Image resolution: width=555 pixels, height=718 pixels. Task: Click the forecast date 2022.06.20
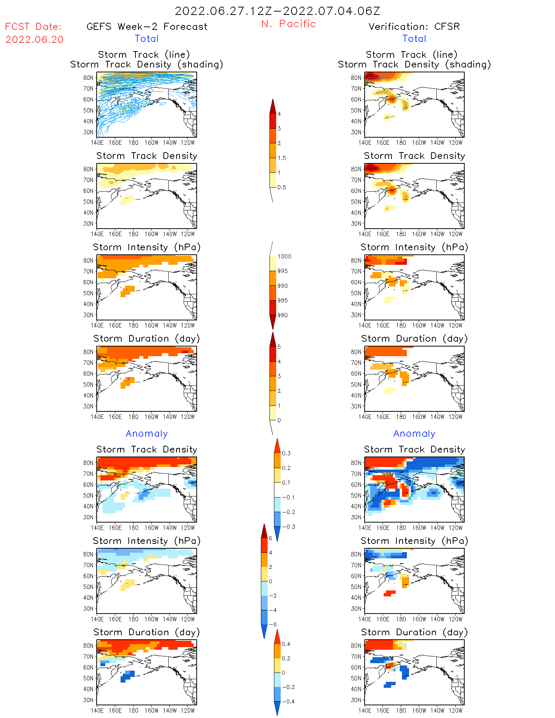34,40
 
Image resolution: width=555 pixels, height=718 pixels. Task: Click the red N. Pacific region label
289,24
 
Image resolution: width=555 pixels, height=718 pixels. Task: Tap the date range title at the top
277,11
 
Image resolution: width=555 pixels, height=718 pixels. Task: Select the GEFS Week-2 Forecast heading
147,26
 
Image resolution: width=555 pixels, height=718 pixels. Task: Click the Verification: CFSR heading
414,26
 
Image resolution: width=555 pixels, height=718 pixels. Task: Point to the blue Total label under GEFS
147,38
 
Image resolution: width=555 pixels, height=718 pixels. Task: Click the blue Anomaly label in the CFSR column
414,433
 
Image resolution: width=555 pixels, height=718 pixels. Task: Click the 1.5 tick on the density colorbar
282,158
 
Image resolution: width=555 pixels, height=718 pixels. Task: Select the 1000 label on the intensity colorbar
284,256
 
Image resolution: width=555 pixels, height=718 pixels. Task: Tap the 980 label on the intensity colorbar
283,315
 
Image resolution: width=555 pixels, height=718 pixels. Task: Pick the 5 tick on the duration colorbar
279,347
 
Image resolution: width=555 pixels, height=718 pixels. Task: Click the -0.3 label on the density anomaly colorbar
288,527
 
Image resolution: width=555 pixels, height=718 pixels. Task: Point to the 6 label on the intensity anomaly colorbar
271,538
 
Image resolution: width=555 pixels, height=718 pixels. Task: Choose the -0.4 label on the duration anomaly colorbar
288,701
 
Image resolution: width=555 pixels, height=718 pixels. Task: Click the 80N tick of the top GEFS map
88,78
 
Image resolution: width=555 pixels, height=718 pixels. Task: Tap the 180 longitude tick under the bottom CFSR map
401,711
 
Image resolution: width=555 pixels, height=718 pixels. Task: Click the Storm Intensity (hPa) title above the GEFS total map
147,247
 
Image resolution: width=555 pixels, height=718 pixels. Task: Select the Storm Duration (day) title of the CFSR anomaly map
414,632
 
